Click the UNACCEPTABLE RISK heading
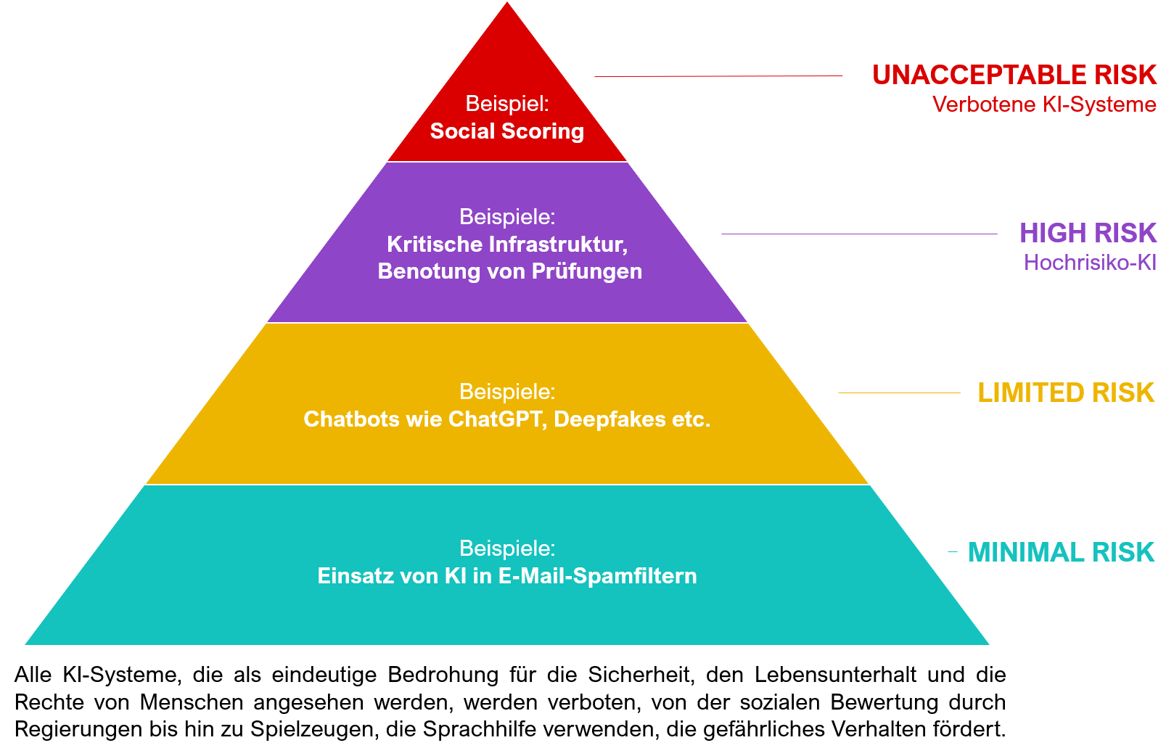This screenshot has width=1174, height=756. pos(1014,75)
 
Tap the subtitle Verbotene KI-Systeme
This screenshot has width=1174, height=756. pos(1044,104)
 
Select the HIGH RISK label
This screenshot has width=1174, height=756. pos(1088,233)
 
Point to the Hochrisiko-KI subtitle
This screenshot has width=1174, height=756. pos(1090,263)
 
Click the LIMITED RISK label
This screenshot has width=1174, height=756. pos(1066,393)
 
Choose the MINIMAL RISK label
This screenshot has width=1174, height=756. pos(1061,552)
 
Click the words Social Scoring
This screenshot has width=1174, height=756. pos(506,131)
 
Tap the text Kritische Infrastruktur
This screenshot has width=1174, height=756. pos(506,245)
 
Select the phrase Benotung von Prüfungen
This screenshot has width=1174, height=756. pos(509,271)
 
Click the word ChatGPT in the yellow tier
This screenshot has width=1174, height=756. pos(494,419)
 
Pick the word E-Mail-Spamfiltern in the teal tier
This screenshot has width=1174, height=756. pos(597,576)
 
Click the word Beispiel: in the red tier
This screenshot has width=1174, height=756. pos(506,104)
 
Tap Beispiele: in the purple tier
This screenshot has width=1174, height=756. pos(506,217)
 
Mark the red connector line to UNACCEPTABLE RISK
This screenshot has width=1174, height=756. pos(718,76)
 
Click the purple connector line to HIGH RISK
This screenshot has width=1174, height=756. pos(860,234)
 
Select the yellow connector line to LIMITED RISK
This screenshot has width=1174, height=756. pos(900,393)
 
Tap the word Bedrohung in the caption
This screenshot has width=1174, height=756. pos(443,675)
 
